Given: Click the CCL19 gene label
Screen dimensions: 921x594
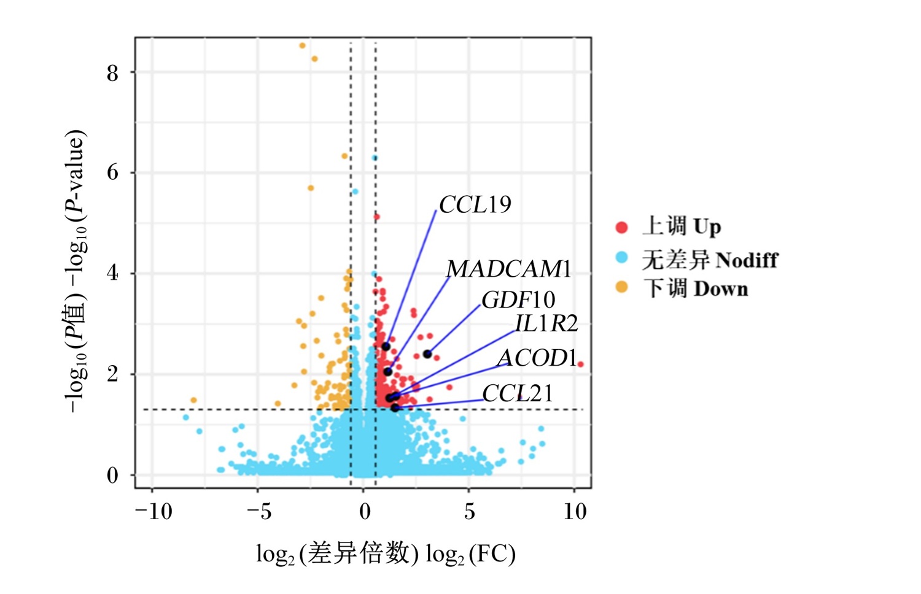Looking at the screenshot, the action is (x=475, y=204).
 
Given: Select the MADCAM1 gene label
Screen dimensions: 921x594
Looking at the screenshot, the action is (x=509, y=269).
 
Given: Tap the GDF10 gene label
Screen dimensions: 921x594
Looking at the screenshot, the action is (x=518, y=299).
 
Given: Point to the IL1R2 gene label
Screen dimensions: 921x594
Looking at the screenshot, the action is (x=546, y=323).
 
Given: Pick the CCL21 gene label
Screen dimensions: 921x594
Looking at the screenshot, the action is (x=518, y=393).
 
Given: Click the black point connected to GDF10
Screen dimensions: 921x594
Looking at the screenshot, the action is (x=427, y=353).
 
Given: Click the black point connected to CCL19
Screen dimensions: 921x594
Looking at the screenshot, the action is (x=386, y=347).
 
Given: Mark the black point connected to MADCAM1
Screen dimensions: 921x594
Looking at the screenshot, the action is (x=388, y=372).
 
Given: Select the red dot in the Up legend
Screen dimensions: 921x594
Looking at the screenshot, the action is (x=621, y=227).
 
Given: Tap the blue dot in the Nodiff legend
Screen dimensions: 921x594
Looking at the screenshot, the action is (x=621, y=258).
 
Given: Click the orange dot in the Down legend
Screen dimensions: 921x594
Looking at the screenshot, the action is (x=621, y=287).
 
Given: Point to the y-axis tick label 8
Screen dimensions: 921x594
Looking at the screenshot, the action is (x=112, y=74).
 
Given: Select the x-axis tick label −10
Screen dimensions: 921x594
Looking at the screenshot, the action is (x=153, y=512).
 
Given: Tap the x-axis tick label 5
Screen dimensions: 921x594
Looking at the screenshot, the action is (x=470, y=512).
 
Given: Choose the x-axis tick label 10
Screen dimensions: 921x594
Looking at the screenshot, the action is (x=575, y=512).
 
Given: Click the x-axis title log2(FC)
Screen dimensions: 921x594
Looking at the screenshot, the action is (x=470, y=554).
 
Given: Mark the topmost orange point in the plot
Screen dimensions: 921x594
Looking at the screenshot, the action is (x=302, y=45).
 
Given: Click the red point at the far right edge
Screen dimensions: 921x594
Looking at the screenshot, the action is (x=581, y=364).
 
